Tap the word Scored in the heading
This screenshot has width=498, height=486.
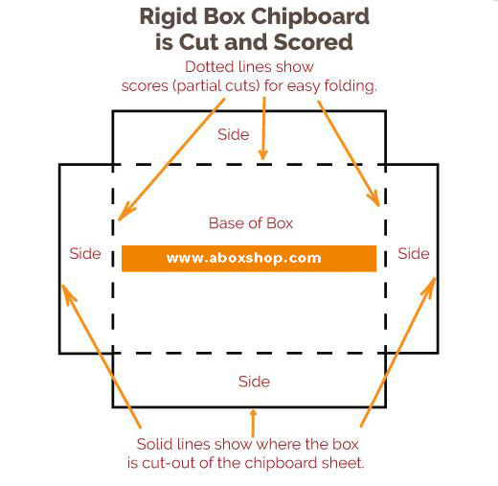tap(313, 42)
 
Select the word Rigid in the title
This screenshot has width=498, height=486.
tap(168, 16)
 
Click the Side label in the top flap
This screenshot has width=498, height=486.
tap(234, 134)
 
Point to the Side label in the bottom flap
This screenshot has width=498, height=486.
tap(254, 382)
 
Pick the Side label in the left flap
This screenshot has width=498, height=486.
tap(85, 254)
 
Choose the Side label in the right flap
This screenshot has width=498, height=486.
tap(414, 254)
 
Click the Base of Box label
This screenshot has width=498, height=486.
tap(251, 223)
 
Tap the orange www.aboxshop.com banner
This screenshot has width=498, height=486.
tap(249, 259)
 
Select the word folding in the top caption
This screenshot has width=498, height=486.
tap(351, 86)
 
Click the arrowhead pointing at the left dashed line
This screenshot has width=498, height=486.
tap(125, 212)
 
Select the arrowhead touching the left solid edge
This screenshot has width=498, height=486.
tap(67, 293)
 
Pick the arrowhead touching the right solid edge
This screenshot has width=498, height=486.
tap(430, 287)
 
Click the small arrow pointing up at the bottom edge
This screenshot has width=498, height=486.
tap(253, 424)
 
